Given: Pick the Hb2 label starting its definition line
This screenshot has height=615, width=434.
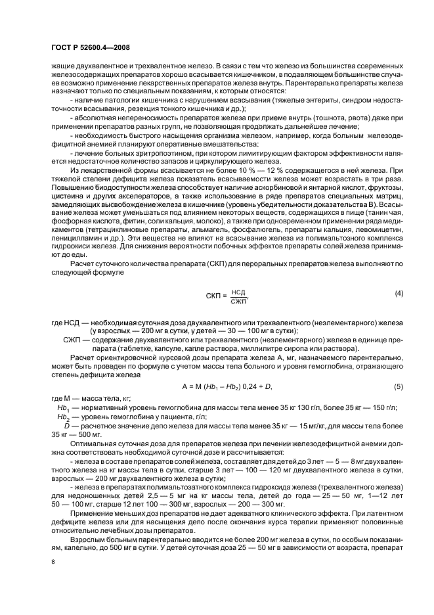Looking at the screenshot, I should (64, 416).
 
